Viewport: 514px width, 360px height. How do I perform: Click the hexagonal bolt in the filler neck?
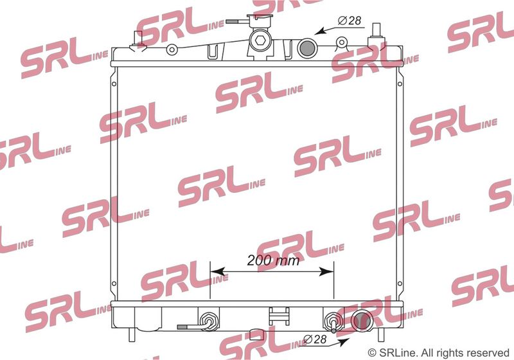(x=260, y=40)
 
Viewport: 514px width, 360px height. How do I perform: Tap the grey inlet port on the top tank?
(x=307, y=48)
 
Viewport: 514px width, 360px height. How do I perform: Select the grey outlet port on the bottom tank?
(x=362, y=321)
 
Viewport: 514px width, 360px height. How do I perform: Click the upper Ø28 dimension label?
(x=350, y=21)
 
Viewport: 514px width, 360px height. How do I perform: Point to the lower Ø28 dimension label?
(x=315, y=339)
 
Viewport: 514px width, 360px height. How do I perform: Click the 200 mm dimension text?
(x=273, y=260)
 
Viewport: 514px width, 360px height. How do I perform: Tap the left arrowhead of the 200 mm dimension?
(x=217, y=271)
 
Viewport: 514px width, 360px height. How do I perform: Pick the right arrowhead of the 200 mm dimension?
(x=326, y=271)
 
